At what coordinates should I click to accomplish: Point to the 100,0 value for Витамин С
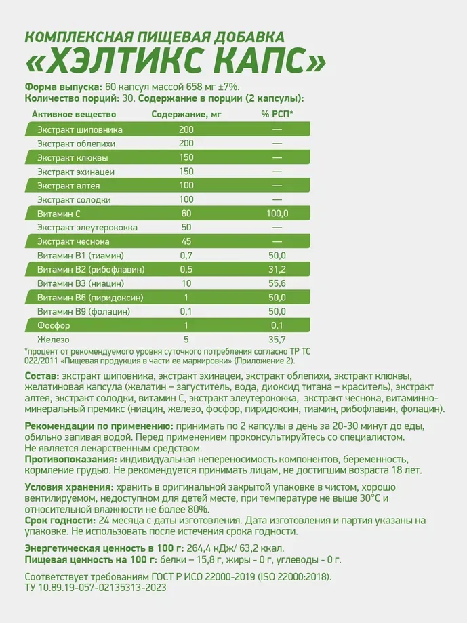277,214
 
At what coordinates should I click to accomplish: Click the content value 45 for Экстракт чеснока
186,241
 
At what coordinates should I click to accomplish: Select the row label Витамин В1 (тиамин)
80,256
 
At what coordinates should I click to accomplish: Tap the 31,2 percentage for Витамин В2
277,269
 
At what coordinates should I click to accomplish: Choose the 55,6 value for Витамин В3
277,283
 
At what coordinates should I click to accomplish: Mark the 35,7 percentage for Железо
277,339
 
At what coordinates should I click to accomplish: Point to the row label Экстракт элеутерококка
87,228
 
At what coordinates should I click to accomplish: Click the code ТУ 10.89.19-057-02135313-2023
96,588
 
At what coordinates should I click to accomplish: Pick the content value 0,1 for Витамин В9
186,311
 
